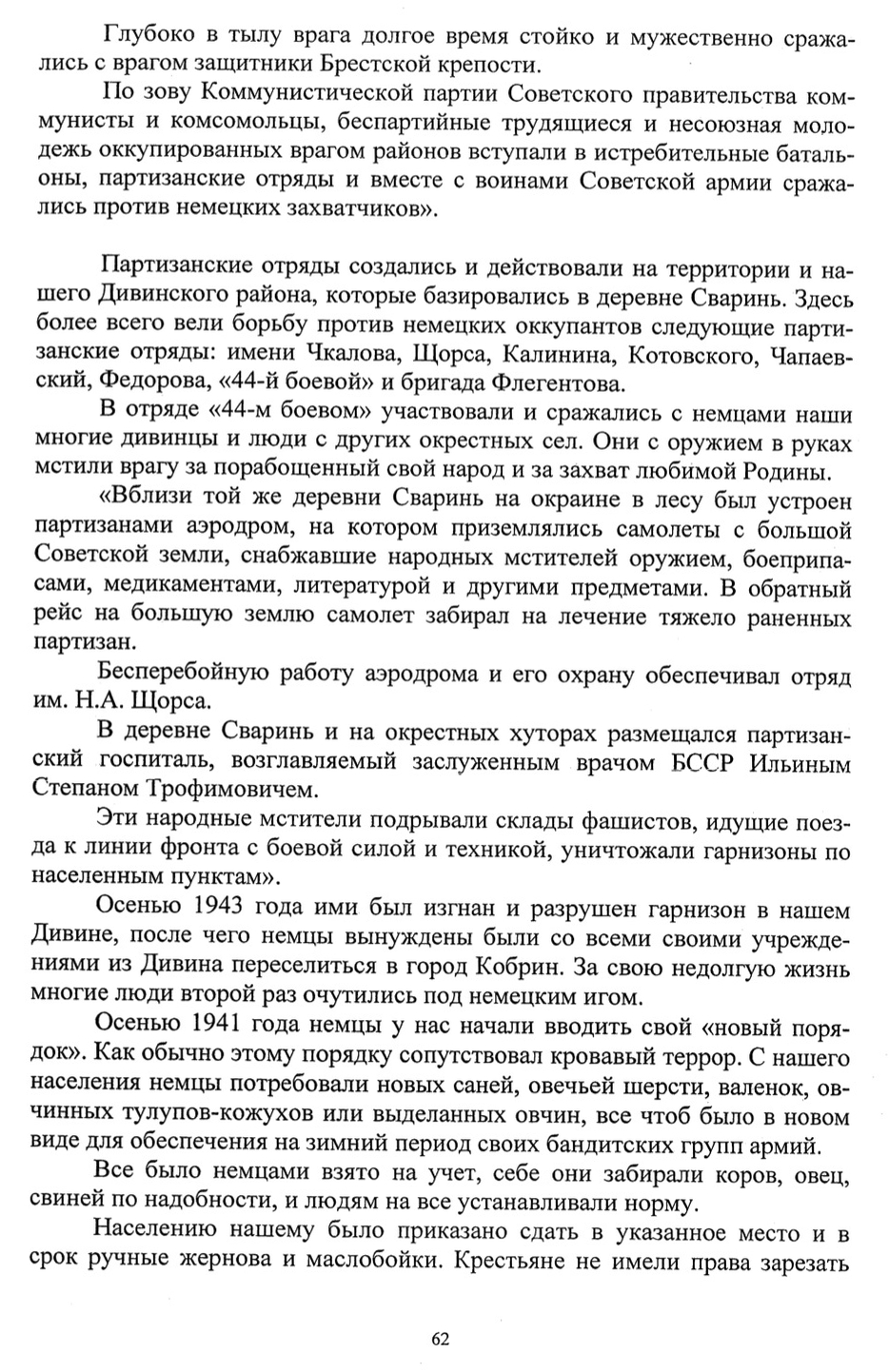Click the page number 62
click(440, 1340)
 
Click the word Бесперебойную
click(187, 676)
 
